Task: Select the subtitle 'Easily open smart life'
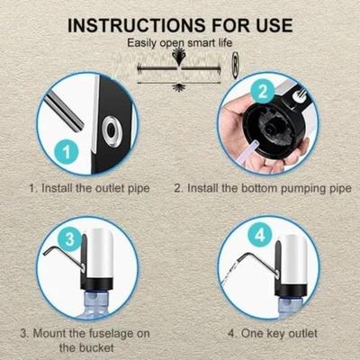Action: (180, 42)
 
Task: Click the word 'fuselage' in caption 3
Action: (105, 332)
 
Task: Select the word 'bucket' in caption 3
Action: (116, 347)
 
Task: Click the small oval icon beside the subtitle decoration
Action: (233, 64)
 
